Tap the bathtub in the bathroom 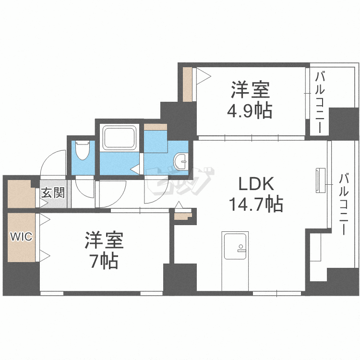point(119,139)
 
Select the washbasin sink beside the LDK point(181,162)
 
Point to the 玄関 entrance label point(52,193)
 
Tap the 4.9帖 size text point(250,111)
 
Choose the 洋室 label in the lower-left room point(105,240)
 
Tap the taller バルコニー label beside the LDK point(343,204)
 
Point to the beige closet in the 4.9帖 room point(188,84)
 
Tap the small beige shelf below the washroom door point(182,215)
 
